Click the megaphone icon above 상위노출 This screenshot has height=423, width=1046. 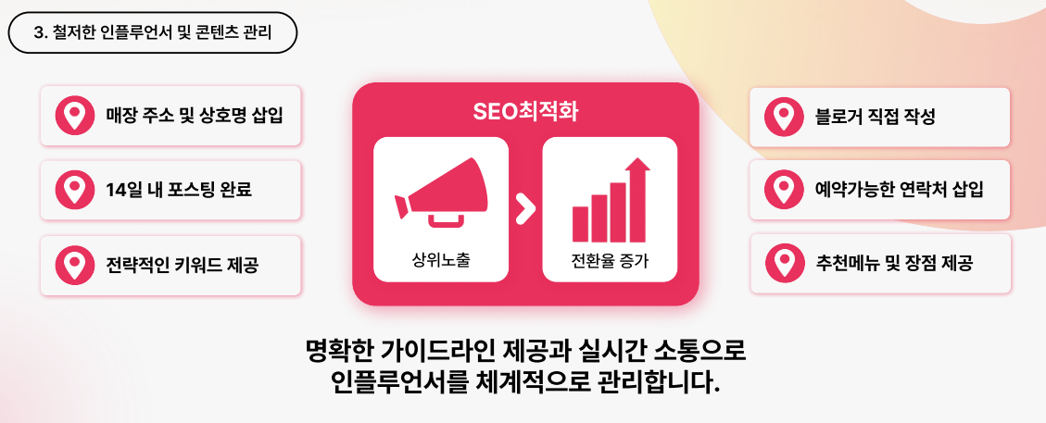coord(441,193)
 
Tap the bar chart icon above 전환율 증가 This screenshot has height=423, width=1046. coord(611,200)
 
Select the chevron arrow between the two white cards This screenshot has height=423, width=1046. coord(525,209)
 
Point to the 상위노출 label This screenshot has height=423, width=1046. coord(441,259)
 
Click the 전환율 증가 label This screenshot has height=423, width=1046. coord(610,259)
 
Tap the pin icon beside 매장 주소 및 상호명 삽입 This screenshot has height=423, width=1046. coord(75,116)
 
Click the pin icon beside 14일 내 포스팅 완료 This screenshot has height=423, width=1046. coord(75,190)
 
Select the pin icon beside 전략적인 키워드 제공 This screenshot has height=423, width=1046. coord(75,265)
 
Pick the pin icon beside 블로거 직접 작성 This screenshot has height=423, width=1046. coord(784,118)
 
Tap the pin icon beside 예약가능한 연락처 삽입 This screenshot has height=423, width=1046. coord(784,190)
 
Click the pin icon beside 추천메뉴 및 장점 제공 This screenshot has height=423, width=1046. coord(784,263)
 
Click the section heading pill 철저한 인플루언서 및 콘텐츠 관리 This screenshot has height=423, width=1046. coord(152,32)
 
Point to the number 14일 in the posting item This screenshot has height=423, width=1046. coord(123,190)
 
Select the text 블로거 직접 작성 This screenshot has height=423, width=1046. coord(875,118)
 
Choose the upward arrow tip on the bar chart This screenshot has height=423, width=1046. coord(638,158)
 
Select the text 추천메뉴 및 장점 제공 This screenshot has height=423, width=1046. coord(894,263)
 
